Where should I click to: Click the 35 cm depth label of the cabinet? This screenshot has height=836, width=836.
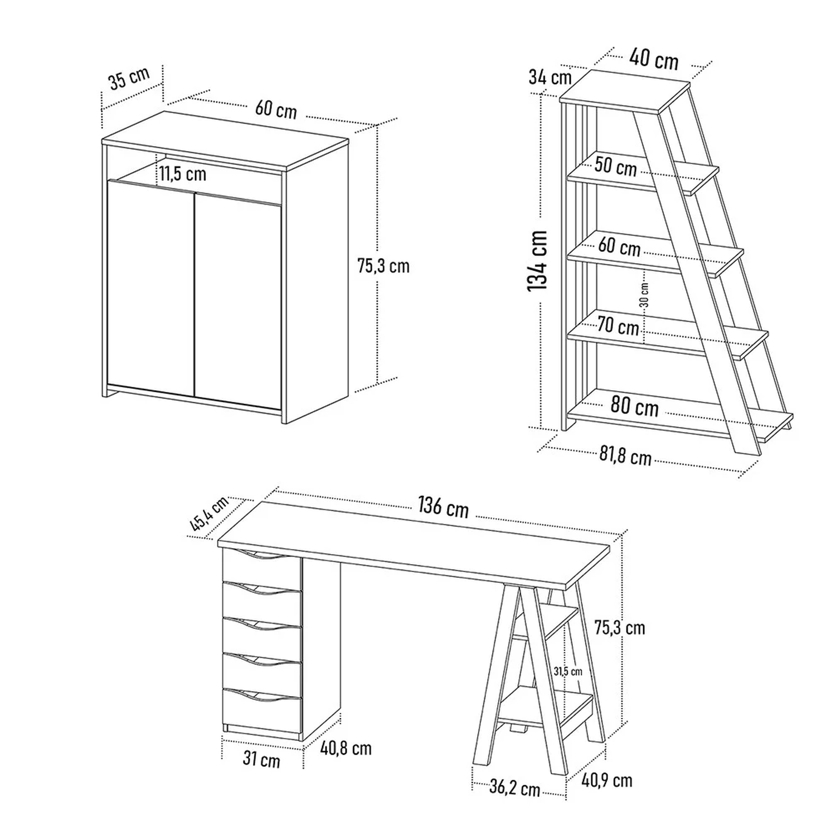coord(129,78)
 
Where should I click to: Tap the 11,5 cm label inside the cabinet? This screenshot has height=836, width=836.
coord(183,174)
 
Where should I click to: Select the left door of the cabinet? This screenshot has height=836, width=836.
coord(150,287)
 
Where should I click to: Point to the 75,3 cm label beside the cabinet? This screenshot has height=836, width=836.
coord(383,266)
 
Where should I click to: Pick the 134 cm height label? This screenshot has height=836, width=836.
coord(537,260)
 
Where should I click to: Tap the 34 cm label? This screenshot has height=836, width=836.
coord(550,77)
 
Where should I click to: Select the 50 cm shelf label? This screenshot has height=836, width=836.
coord(615,167)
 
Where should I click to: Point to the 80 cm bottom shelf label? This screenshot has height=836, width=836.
coord(634,406)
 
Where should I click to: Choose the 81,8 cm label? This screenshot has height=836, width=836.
coord(625,456)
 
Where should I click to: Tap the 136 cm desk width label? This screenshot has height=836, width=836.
coord(444,507)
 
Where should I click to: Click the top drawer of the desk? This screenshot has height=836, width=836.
coord(262,564)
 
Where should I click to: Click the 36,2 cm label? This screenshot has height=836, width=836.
coord(515,788)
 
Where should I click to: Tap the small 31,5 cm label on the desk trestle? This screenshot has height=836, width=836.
coord(568,672)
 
